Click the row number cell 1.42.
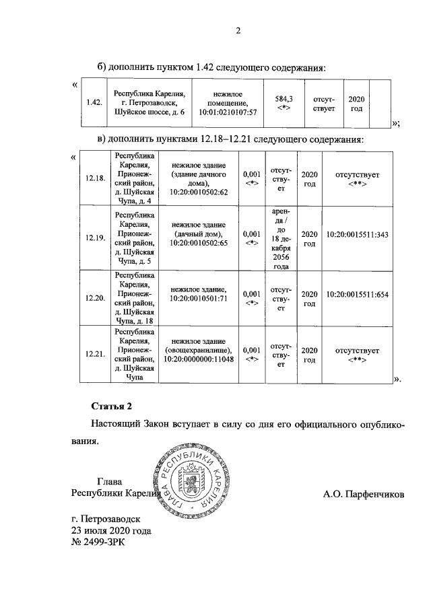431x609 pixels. click(94, 103)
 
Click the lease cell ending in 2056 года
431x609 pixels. click(280, 238)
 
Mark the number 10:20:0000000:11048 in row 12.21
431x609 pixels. click(202, 360)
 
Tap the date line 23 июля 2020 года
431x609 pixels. click(112, 530)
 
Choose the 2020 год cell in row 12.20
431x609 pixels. click(309, 298)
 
